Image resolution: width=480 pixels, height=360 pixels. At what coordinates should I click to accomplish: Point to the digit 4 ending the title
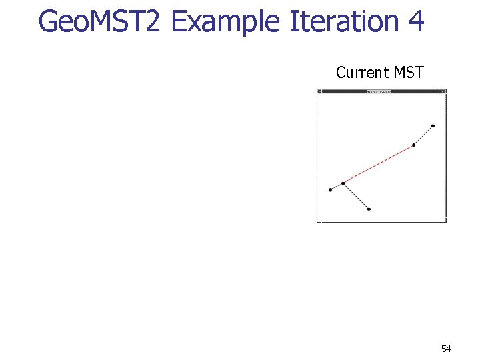coord(416,21)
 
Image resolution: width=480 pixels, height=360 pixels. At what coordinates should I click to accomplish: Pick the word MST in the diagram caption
coord(409,73)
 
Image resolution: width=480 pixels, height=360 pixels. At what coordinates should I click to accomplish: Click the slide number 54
coord(446,349)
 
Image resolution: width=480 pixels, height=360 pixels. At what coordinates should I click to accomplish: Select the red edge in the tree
coord(378,163)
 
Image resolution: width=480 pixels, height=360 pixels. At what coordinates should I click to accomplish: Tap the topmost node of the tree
coord(433,125)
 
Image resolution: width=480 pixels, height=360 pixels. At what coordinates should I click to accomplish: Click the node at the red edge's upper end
coord(413,145)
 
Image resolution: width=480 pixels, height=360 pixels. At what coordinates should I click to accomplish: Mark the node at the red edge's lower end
coord(343,183)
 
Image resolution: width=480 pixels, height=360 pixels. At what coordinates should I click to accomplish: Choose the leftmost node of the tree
coord(330,189)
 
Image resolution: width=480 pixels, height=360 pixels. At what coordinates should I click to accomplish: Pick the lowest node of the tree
coord(369,209)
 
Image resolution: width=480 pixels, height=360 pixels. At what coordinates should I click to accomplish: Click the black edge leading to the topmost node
coord(423,135)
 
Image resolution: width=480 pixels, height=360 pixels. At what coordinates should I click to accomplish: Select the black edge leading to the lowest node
coord(356,196)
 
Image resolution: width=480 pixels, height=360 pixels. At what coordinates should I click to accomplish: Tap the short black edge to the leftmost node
coord(337,186)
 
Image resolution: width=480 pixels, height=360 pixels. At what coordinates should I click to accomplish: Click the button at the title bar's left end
coord(319,91)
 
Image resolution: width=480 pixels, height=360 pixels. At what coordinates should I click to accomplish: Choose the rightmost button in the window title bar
coord(443,91)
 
